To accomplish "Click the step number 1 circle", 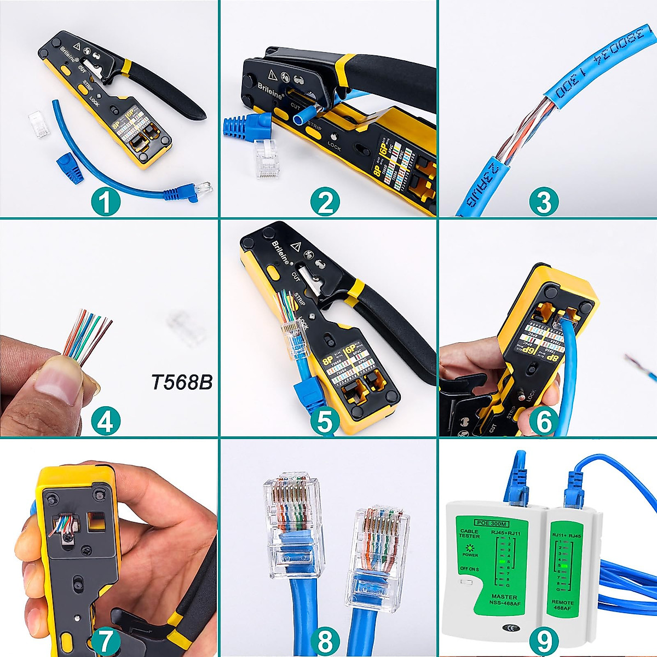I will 106,203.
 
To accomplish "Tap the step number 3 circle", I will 544,203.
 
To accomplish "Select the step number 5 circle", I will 325,422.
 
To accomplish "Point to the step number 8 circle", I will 325,641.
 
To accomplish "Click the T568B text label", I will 181,382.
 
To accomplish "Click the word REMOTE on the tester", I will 563,602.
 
